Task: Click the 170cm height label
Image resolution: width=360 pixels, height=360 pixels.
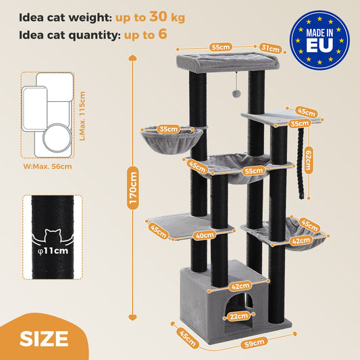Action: (134, 188)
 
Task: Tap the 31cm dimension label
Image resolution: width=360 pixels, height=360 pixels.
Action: (271, 49)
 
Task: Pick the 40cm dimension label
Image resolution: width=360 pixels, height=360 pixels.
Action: (205, 235)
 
